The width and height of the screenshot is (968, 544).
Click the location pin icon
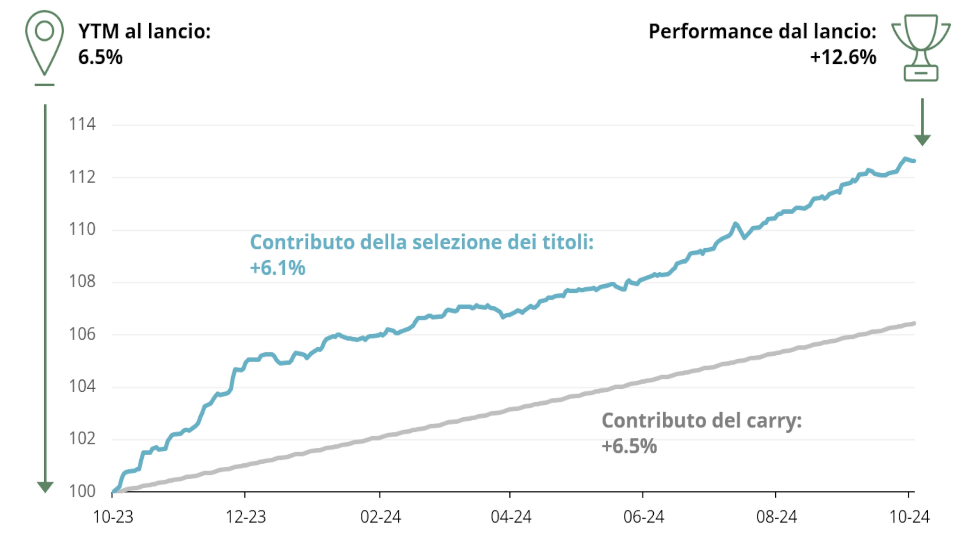pyautogui.click(x=44, y=43)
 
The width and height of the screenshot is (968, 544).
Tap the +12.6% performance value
pyautogui.click(x=843, y=57)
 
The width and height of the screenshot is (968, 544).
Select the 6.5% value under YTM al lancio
pyautogui.click(x=100, y=57)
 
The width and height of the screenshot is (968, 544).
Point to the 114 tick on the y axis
pyautogui.click(x=82, y=124)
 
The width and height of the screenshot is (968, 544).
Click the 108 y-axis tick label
pyautogui.click(x=82, y=282)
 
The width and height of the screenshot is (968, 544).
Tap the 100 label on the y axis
pyautogui.click(x=82, y=491)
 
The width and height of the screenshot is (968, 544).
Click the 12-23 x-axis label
pyautogui.click(x=245, y=517)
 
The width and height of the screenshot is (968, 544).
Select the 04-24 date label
pyautogui.click(x=511, y=517)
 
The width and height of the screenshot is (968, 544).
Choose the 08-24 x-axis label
pyautogui.click(x=776, y=517)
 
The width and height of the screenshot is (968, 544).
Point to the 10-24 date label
pyautogui.click(x=909, y=517)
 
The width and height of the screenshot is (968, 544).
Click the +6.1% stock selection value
pyautogui.click(x=278, y=268)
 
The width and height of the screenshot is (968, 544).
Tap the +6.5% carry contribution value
pyautogui.click(x=629, y=446)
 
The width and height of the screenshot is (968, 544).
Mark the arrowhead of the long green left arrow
pyautogui.click(x=45, y=487)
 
